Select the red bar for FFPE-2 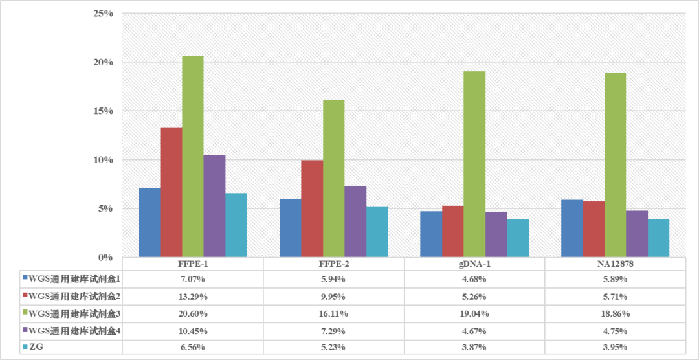312,208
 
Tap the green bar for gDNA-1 474,164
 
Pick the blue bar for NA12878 571,229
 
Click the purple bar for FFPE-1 214,207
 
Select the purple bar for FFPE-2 355,221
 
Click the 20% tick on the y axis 103,62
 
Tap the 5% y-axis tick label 105,208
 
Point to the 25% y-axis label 103,13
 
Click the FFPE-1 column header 192,265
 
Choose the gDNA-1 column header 474,265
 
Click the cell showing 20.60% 192,313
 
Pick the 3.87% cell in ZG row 474,347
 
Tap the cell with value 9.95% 333,297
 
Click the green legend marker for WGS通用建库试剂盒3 25,313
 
